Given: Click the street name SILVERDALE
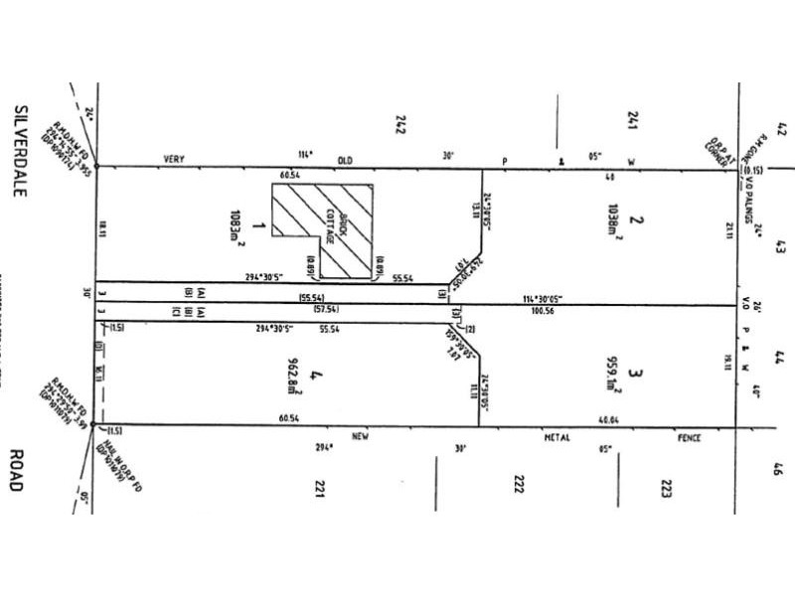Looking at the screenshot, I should click(x=19, y=149).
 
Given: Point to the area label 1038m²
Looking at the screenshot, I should click(x=613, y=221).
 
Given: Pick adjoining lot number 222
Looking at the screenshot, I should click(x=518, y=486).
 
